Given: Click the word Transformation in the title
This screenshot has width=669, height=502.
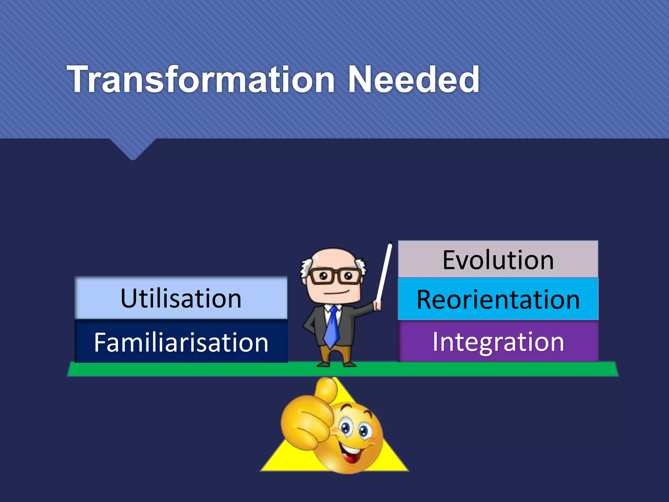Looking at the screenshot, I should (201, 79).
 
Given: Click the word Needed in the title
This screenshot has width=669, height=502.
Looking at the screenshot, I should (413, 79).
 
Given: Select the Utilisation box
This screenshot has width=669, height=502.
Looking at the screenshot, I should (181, 298).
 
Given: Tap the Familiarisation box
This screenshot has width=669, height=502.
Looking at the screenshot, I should (181, 342).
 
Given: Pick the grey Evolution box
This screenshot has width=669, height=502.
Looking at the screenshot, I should (498, 259).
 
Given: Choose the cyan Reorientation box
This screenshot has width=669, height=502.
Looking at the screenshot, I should (498, 299).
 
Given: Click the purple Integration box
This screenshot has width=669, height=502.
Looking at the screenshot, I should (498, 342).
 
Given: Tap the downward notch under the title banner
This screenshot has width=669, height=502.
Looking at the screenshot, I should (133, 154).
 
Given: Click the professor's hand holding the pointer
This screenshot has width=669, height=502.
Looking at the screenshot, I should (378, 305).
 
